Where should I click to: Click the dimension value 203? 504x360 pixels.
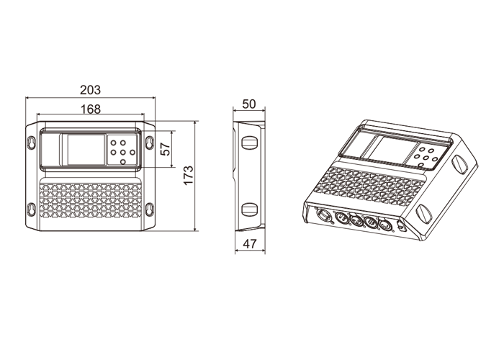(x=90, y=90)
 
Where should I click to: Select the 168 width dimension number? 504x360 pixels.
(x=90, y=109)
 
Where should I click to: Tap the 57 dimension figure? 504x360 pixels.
(x=166, y=150)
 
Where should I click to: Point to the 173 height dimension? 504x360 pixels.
(x=189, y=176)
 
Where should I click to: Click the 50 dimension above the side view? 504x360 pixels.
(x=249, y=104)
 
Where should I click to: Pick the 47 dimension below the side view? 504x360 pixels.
(x=250, y=244)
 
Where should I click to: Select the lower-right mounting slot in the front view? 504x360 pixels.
(x=149, y=210)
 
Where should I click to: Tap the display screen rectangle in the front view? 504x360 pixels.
(x=84, y=150)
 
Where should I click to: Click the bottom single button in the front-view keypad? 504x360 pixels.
(x=123, y=161)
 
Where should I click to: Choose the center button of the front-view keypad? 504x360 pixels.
(x=123, y=151)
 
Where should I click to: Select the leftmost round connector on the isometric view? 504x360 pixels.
(x=323, y=215)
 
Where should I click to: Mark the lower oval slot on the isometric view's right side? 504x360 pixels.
(x=425, y=214)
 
